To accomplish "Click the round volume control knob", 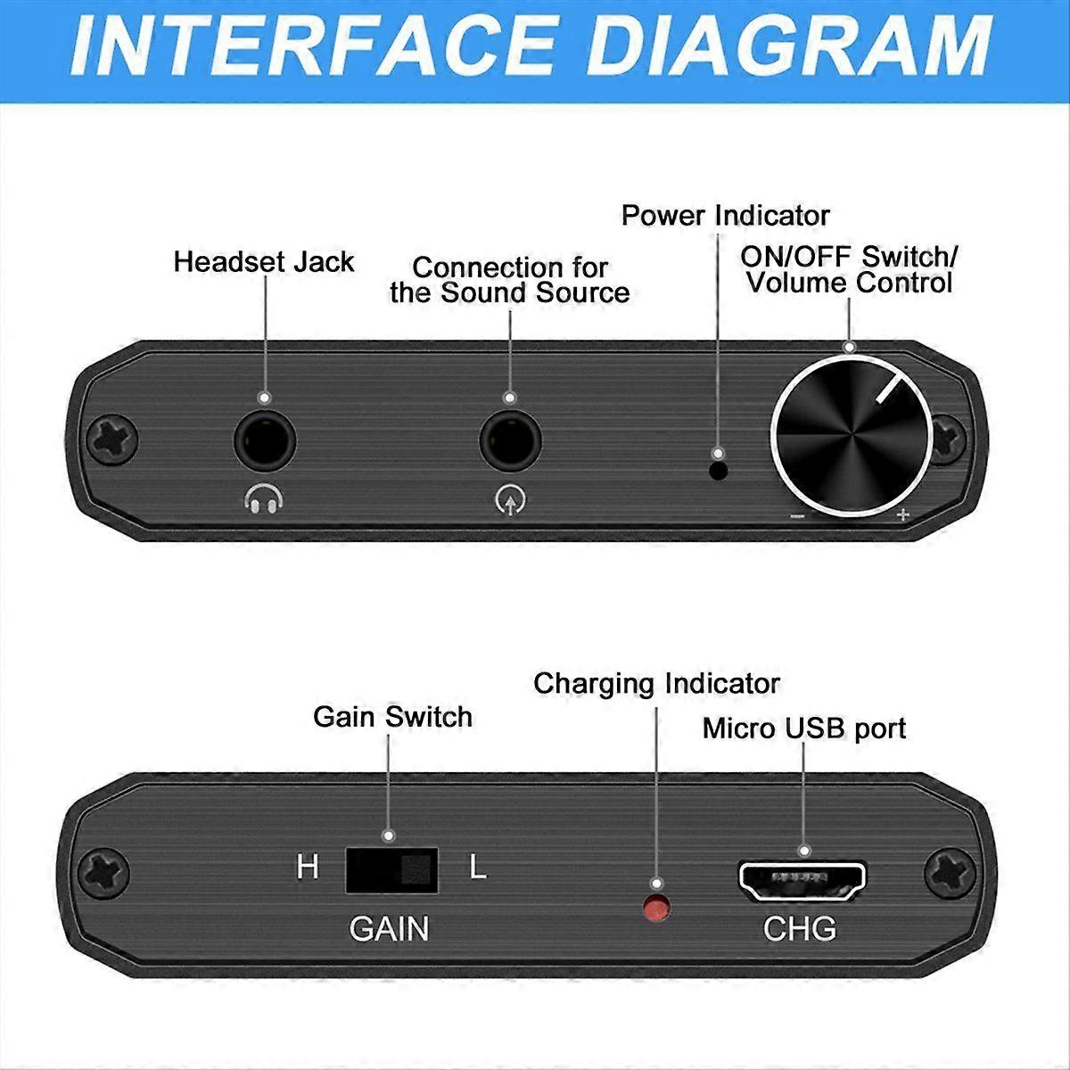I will click(845, 440).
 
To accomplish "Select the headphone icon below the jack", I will click(264, 501).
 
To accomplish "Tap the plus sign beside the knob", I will click(902, 514).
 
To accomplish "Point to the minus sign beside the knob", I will click(797, 516).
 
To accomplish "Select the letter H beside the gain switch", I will click(308, 868).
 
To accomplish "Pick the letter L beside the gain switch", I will click(478, 868).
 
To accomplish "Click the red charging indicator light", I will click(657, 909).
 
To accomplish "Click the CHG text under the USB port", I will click(800, 929).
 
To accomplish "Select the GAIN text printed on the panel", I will click(389, 929).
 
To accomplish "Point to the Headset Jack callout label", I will click(264, 262).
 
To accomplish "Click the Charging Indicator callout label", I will click(656, 684).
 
